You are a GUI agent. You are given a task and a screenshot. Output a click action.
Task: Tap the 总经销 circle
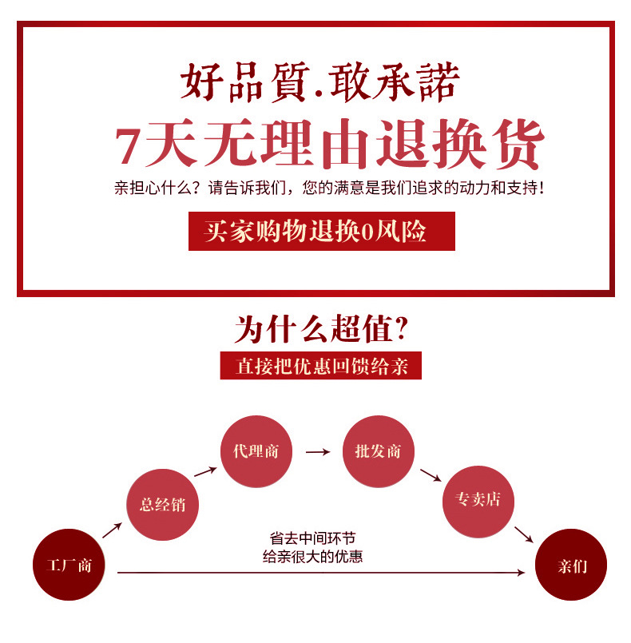tap(162, 504)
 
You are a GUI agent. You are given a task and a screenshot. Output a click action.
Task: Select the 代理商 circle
tap(256, 451)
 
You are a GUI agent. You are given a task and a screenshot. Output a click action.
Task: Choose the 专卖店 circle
tap(478, 501)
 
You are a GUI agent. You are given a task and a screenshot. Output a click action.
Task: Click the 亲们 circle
tap(570, 565)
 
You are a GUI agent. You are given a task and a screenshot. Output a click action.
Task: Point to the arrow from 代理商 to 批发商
tap(317, 452)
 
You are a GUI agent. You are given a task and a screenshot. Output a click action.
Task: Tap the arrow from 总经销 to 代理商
tap(204, 471)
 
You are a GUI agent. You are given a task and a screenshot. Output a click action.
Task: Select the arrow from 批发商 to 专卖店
tap(431, 474)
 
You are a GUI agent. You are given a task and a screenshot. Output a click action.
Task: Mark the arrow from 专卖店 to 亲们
tap(523, 534)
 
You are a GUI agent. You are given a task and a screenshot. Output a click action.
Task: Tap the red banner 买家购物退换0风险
tap(321, 232)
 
